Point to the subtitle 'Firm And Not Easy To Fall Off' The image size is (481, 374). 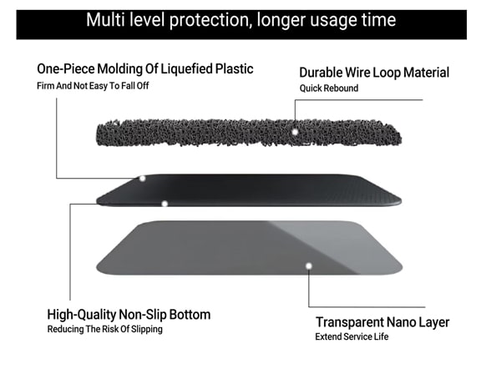(93, 86)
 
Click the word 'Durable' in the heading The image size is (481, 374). (321, 73)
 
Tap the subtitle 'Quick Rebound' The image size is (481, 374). (329, 88)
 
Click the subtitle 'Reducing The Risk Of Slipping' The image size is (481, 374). (105, 329)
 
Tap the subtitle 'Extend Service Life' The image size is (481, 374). (352, 337)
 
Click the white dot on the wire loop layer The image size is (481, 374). (295, 132)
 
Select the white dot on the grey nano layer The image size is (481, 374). (309, 265)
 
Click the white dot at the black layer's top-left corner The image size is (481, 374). (142, 179)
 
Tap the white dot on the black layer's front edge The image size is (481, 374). (165, 204)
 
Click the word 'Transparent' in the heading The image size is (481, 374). (349, 322)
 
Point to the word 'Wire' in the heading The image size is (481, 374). (357, 73)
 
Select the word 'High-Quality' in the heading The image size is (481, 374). (82, 315)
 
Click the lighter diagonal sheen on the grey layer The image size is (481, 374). (334, 242)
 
